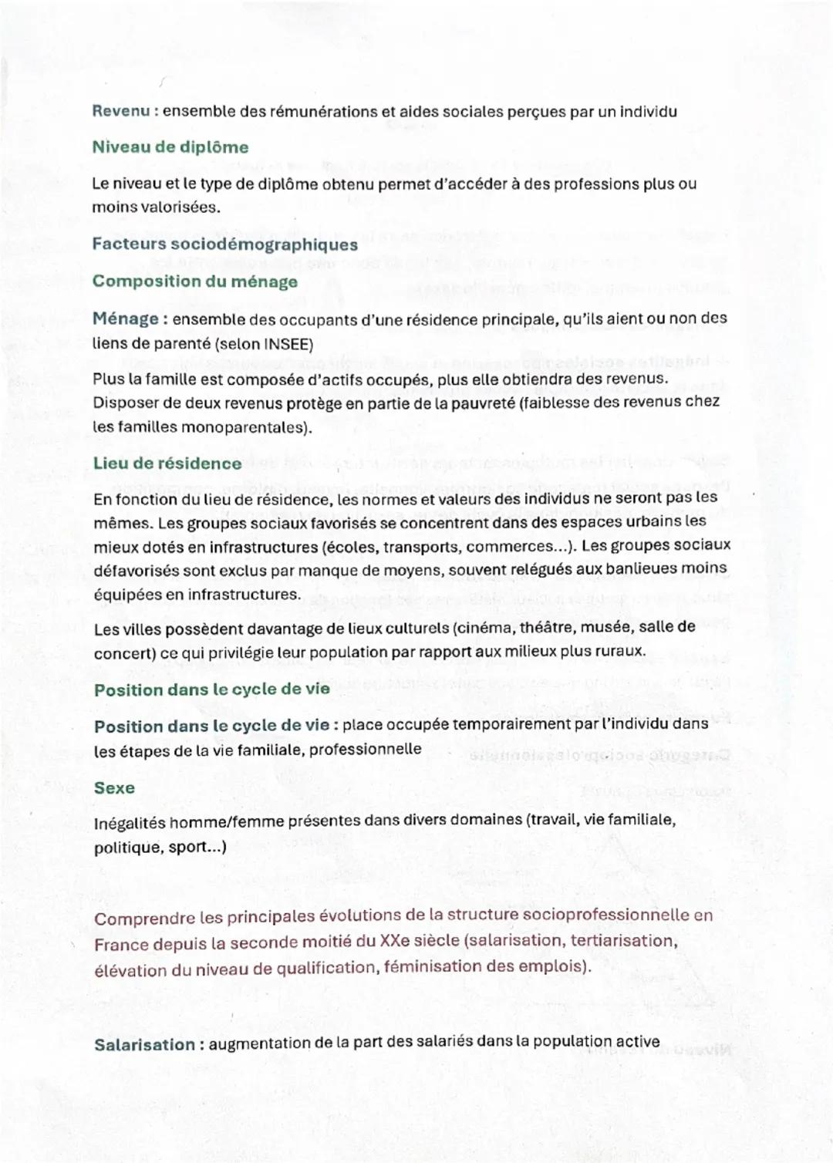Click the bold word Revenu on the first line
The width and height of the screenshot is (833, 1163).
point(120,111)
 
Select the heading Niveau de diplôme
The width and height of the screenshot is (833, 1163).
point(170,147)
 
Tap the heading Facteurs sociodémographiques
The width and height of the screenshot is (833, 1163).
point(224,244)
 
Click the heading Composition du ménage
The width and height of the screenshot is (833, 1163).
point(194,281)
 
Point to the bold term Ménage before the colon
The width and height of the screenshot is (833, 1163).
point(125,319)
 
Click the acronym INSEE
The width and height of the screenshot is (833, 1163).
point(288,344)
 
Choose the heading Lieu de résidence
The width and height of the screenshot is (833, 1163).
point(167,464)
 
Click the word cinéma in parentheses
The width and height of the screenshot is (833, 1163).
point(481,628)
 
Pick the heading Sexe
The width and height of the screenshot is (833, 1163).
point(114,788)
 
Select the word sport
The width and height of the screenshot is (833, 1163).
point(187,848)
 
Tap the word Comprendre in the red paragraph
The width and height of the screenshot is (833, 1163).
point(144,919)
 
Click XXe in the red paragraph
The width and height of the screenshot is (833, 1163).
point(393,942)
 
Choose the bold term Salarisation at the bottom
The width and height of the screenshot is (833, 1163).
point(144,1045)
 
